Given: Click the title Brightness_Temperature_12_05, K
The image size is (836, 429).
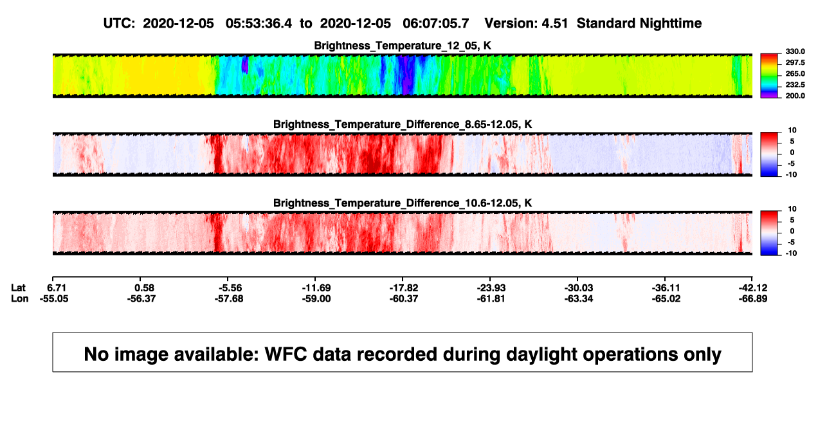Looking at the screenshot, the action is [403, 46].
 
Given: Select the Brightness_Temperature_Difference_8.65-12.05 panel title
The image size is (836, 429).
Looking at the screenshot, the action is [403, 124].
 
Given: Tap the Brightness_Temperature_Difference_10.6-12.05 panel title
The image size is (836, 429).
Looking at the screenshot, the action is [403, 203].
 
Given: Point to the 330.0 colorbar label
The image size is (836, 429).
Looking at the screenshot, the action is [795, 51].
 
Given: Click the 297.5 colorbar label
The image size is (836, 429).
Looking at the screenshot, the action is [795, 63].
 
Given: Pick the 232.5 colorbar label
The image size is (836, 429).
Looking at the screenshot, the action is [795, 85].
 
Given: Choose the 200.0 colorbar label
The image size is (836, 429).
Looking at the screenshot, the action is [795, 96].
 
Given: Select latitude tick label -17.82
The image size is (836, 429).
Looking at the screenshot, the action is [404, 288].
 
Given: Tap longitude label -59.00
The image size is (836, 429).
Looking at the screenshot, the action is [316, 299].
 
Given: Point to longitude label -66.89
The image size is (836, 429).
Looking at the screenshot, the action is [753, 299].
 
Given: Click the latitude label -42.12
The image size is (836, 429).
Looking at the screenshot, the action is [753, 288].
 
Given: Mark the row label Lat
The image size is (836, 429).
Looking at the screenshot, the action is [18, 288].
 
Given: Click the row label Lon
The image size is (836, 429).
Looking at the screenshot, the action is [19, 299].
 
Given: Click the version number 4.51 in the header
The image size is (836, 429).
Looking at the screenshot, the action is [554, 24].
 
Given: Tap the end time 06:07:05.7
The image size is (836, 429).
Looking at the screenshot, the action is [435, 24].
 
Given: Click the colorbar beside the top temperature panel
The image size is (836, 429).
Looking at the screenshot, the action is [769, 76].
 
